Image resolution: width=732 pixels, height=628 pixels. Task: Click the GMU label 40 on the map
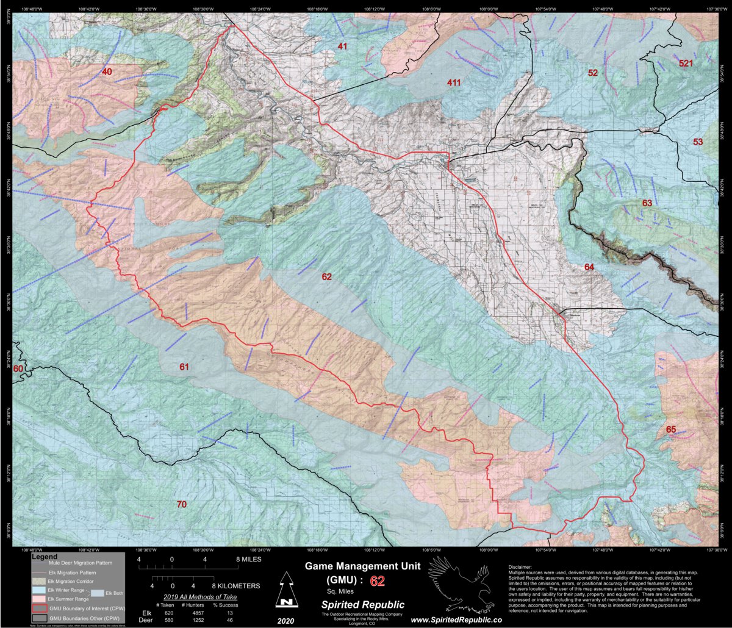click(107, 72)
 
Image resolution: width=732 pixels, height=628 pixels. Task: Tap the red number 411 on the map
click(453, 82)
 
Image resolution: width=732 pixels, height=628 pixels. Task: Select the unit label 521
click(686, 63)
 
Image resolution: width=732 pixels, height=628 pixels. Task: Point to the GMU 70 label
click(181, 504)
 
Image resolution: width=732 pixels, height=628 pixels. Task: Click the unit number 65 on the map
click(671, 430)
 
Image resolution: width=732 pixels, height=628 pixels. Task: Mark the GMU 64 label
click(589, 267)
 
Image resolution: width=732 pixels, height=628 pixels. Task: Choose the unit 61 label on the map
click(184, 367)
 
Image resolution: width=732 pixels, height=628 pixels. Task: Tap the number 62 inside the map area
click(327, 276)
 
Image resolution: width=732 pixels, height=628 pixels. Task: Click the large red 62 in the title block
click(378, 580)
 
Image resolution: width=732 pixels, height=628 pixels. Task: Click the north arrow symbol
click(285, 591)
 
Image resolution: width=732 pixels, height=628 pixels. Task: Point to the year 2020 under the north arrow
click(285, 619)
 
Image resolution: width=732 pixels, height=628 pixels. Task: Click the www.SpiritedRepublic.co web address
click(456, 619)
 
